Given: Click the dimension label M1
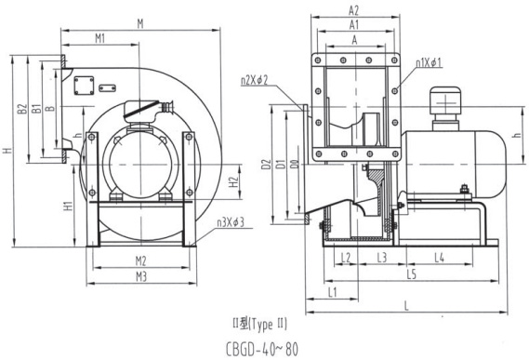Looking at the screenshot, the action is click(x=99, y=38).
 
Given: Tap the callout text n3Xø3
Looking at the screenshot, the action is click(x=231, y=222).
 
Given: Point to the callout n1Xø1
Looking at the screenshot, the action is click(x=429, y=63).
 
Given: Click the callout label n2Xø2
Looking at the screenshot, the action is click(x=254, y=81).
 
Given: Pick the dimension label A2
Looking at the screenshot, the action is click(x=353, y=11).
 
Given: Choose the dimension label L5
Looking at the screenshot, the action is click(x=412, y=274).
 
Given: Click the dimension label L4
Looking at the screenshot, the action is click(x=439, y=258).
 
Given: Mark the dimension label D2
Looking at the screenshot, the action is click(x=267, y=164).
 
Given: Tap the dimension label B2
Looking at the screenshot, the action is click(x=22, y=109).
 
